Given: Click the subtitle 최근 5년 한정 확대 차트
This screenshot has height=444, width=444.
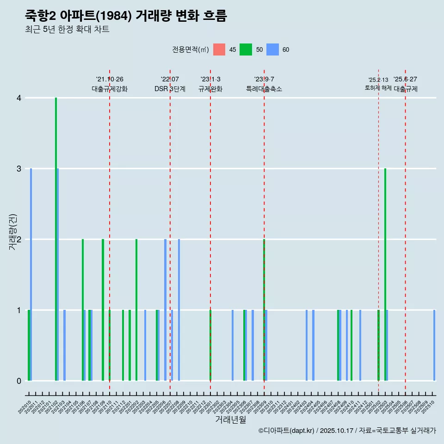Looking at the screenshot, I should click(x=67, y=30).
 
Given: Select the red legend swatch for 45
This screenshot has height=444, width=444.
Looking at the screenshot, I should click(x=219, y=49).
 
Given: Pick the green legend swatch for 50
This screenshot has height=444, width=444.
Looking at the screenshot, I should click(x=246, y=49).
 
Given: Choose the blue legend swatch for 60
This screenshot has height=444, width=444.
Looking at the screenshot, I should click(x=272, y=49).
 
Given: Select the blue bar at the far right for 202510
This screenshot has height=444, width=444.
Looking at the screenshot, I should click(x=434, y=345).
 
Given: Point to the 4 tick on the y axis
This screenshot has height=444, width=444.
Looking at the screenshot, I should click(x=19, y=98).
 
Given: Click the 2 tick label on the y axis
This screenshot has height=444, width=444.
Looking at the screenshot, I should click(x=19, y=240).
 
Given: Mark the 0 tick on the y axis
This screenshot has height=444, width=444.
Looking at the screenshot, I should click(x=19, y=381).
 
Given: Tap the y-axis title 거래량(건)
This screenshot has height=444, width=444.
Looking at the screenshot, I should click(x=12, y=232).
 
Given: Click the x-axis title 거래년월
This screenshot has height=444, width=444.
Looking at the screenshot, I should click(x=230, y=419).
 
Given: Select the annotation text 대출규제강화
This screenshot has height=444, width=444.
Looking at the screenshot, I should click(x=110, y=89).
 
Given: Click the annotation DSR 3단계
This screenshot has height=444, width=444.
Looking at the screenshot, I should click(x=170, y=89).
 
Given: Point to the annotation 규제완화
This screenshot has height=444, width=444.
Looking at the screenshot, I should click(x=210, y=89).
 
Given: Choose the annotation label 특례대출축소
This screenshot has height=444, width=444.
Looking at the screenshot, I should click(x=264, y=89).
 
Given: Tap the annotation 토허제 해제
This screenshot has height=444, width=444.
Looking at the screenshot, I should click(x=378, y=88).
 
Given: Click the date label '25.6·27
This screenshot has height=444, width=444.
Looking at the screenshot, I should click(x=405, y=80).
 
